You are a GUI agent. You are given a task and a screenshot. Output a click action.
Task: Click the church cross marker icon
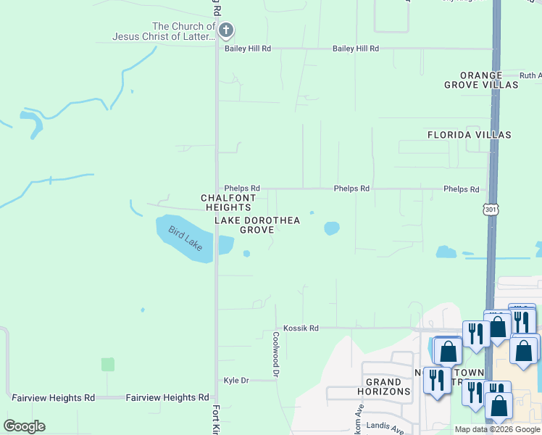(x=226, y=30)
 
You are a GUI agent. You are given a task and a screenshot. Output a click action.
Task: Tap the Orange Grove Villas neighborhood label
(x=481, y=80)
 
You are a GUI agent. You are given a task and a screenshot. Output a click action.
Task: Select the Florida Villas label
(x=469, y=135)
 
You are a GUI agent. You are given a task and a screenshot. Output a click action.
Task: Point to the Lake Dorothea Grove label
(x=257, y=225)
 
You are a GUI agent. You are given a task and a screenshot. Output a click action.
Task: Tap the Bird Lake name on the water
(x=185, y=238)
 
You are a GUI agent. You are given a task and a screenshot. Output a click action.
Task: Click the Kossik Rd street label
(x=301, y=328)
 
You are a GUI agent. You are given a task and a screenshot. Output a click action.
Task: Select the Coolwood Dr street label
(x=276, y=355)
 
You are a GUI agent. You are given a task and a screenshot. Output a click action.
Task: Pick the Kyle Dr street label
(x=236, y=381)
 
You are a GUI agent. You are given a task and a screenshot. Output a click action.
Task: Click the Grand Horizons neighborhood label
(x=383, y=386)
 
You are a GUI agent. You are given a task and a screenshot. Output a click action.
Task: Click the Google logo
(x=24, y=426)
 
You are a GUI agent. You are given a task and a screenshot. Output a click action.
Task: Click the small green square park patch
(x=108, y=365)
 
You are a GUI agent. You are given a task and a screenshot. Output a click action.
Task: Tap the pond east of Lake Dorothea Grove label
(x=331, y=228)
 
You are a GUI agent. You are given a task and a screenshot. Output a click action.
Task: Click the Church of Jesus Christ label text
(x=164, y=32)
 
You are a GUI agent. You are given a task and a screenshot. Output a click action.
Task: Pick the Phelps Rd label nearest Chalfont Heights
(x=242, y=188)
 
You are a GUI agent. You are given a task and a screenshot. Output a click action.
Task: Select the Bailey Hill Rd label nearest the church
(x=247, y=49)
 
